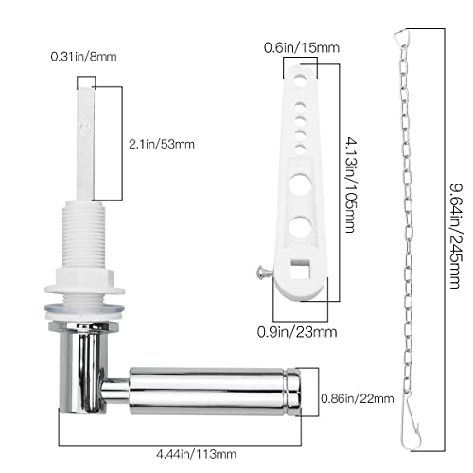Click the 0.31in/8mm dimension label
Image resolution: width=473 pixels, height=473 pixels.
point(83,57)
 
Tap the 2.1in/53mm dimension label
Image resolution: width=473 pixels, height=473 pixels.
point(162,145)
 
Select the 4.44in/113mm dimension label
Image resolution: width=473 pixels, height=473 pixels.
point(197,454)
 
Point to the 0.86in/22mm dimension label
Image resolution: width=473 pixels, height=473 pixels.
point(358,398)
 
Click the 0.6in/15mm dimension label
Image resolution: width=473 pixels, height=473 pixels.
point(302,48)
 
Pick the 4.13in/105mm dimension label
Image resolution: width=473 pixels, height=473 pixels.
point(350,184)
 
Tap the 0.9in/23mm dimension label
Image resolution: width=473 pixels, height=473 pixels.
point(297,332)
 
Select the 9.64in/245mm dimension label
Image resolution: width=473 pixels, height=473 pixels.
point(456,236)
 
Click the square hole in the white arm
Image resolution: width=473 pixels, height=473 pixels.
point(301,269)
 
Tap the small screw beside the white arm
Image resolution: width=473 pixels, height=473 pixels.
point(264,272)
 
